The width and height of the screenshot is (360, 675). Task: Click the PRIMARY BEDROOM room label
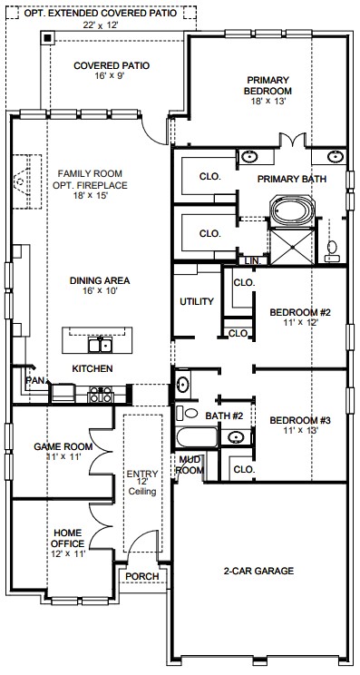pyautogui.click(x=268, y=85)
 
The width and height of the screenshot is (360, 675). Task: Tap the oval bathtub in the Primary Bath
pyautogui.click(x=293, y=210)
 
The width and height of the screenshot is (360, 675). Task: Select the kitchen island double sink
pyautogui.click(x=100, y=345)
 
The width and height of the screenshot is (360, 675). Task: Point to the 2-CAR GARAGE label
pyautogui.click(x=258, y=572)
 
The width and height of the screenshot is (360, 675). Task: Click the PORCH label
pyautogui.click(x=142, y=576)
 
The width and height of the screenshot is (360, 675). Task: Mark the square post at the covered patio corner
pyautogui.click(x=47, y=37)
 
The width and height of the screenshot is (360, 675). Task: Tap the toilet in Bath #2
pyautogui.click(x=187, y=414)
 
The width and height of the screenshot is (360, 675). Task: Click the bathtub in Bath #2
pyautogui.click(x=197, y=437)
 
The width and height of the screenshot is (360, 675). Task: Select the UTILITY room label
pyautogui.click(x=197, y=302)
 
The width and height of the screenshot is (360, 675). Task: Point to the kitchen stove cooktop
pyautogui.click(x=100, y=395)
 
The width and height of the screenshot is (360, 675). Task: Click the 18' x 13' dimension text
pyautogui.click(x=268, y=102)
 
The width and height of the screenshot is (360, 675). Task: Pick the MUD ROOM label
pyautogui.click(x=190, y=465)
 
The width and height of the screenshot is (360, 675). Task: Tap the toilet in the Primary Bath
pyautogui.click(x=332, y=252)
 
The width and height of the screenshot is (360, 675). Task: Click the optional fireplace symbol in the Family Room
pyautogui.click(x=26, y=181)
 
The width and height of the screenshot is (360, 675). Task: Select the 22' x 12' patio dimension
pyautogui.click(x=101, y=25)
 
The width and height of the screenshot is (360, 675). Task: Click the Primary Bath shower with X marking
pyautogui.click(x=292, y=247)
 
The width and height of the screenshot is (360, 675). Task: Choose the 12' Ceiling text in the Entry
pyautogui.click(x=142, y=486)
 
